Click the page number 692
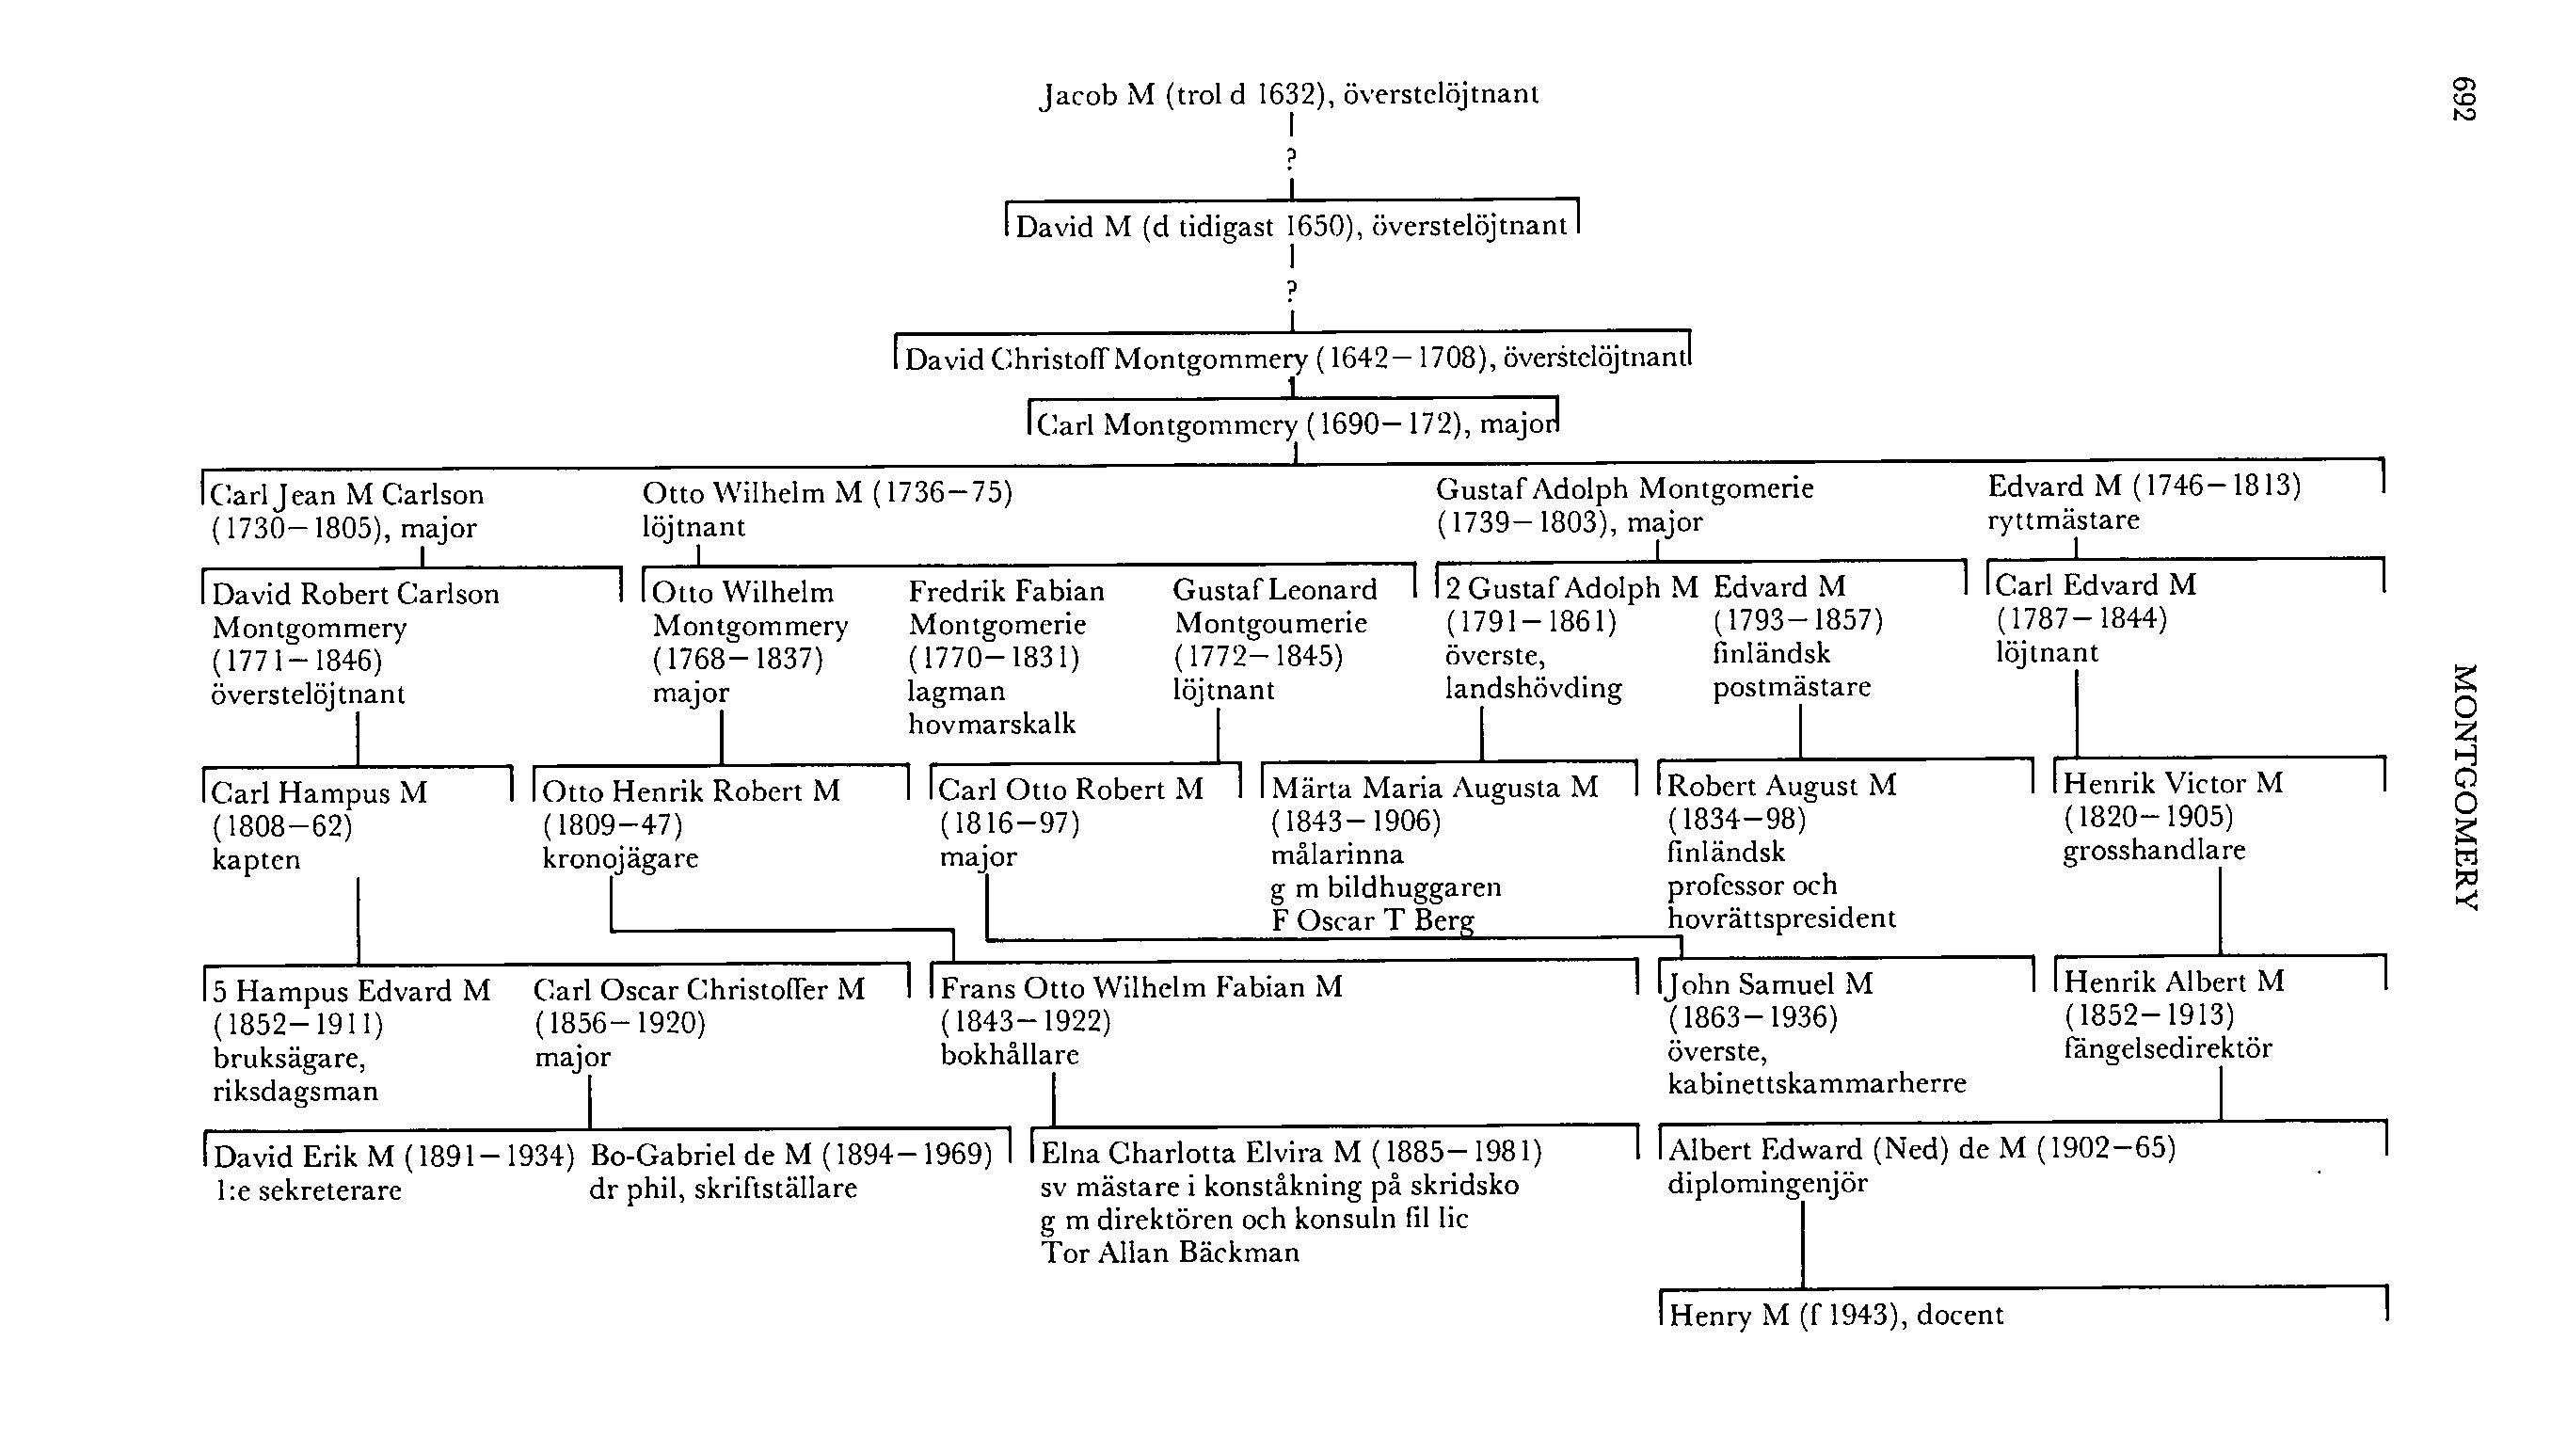coord(2463,100)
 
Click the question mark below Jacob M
coord(1291,158)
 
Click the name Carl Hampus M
coord(319,793)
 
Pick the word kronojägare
coord(619,858)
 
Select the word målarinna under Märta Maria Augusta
coord(1337,854)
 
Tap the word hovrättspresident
coord(1781,918)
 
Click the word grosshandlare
coord(2154,850)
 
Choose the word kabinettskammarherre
coord(1817,1084)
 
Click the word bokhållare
coord(1010,1055)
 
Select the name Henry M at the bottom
coord(1729,1316)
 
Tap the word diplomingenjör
coord(1767,1185)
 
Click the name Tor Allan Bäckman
coord(1171,1253)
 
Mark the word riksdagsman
coord(295,1092)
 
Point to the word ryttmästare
coord(2064,519)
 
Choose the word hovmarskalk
coord(992,725)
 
